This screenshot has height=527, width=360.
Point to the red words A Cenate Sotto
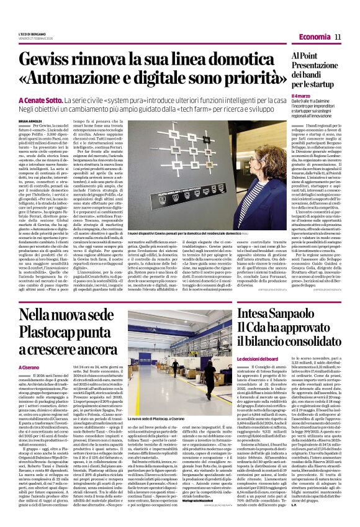(x=56, y=100)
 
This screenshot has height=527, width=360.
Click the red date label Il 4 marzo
(x=299, y=96)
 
